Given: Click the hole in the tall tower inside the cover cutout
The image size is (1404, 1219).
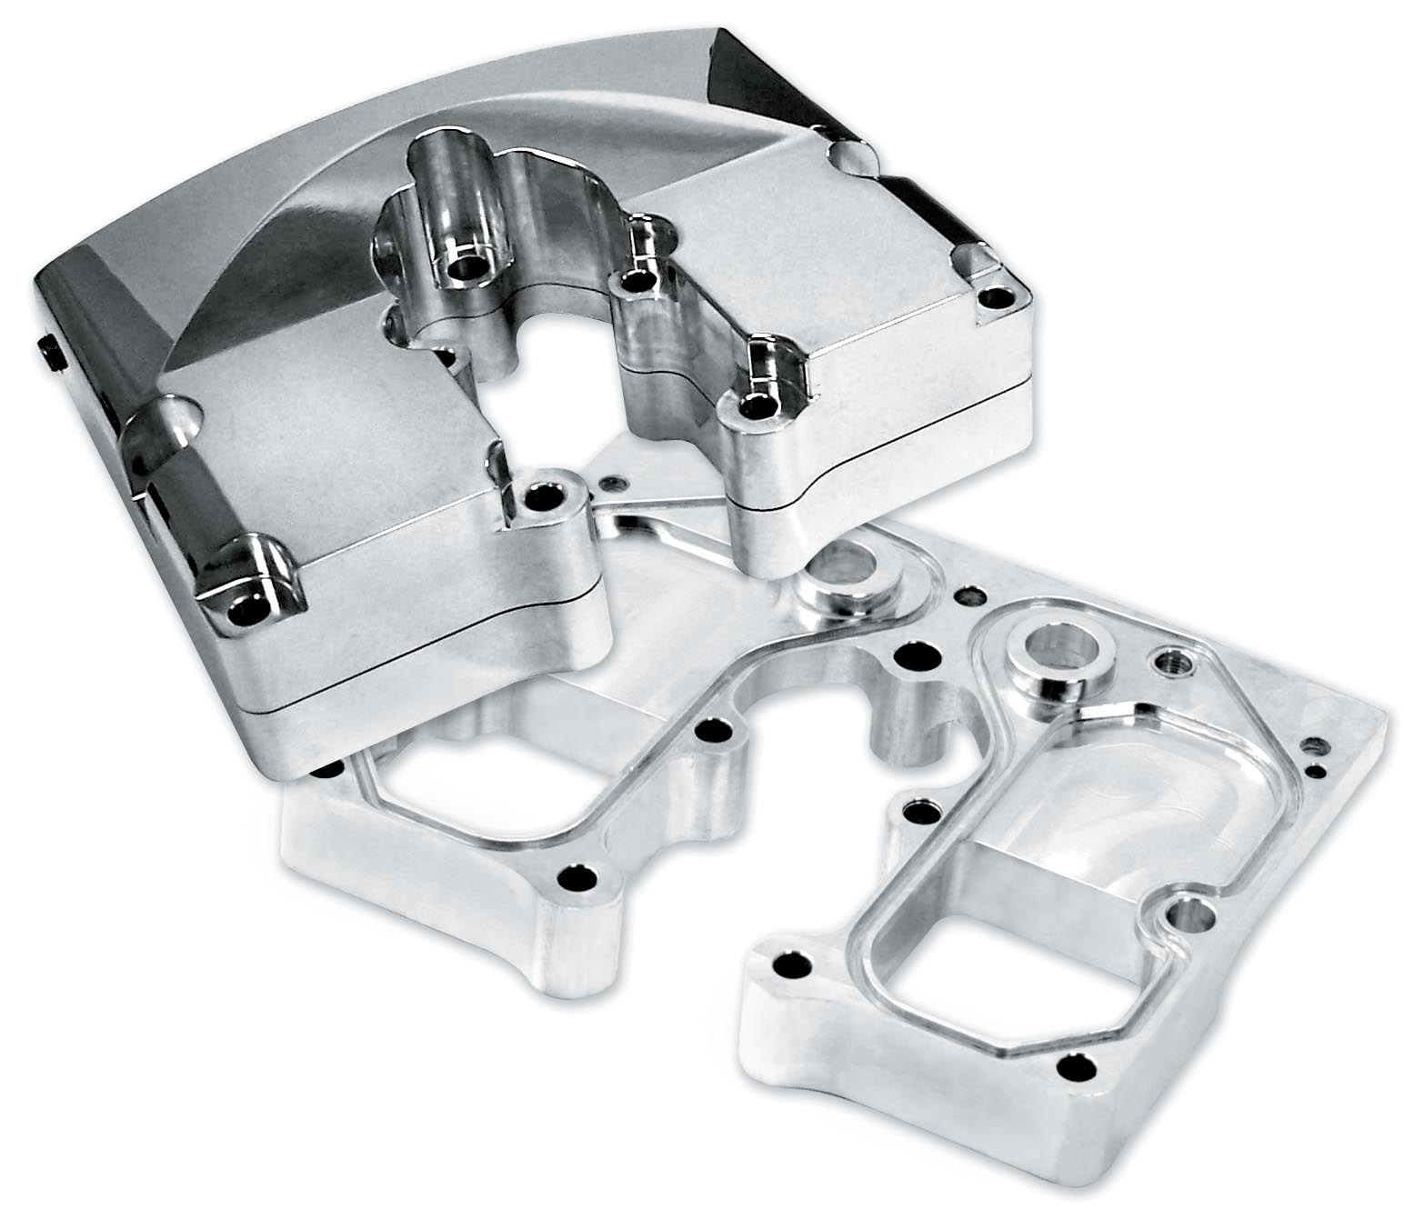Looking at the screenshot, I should (x=469, y=269).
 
